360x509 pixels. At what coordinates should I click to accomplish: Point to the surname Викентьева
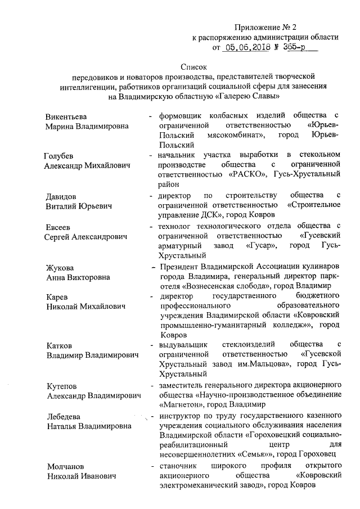(x=66, y=116)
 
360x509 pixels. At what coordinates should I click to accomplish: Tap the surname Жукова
(x=60, y=267)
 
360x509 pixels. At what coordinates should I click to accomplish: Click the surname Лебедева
(x=63, y=417)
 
